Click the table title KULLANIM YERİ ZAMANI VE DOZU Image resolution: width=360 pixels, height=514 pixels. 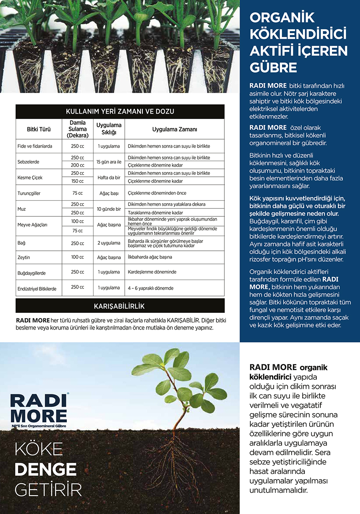click(120, 112)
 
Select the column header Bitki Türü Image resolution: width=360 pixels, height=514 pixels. click(38, 129)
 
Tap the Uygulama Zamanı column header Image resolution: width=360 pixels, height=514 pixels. click(174, 129)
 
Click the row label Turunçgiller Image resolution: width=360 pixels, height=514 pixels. click(29, 193)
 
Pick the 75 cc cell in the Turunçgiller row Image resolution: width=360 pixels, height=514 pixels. click(78, 193)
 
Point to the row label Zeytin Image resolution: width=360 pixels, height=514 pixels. click(24, 258)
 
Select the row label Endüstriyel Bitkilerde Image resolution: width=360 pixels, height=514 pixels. click(37, 288)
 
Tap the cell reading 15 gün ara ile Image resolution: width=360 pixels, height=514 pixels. click(109, 162)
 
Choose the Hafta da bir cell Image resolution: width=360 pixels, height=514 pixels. click(109, 177)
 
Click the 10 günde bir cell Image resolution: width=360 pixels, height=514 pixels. click(109, 209)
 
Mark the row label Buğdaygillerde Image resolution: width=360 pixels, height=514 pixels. click(31, 273)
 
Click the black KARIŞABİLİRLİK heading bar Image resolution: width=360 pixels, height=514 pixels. click(120, 306)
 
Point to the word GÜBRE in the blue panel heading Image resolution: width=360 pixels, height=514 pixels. click(273, 67)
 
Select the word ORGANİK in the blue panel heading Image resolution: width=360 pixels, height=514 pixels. click(282, 18)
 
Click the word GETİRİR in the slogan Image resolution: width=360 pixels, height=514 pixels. click(48, 490)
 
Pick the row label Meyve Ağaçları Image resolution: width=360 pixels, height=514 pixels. click(32, 225)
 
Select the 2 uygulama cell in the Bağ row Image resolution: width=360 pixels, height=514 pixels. click(109, 243)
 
